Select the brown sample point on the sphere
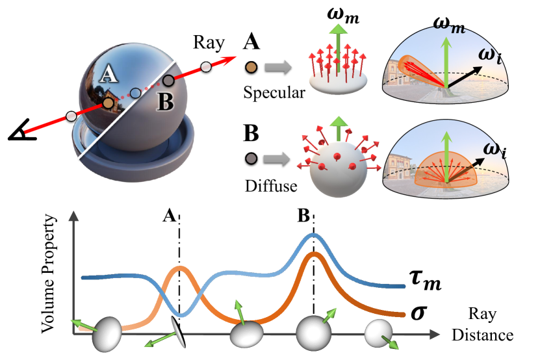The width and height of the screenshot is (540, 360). [x=108, y=103]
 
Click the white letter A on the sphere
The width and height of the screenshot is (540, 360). [x=110, y=76]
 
